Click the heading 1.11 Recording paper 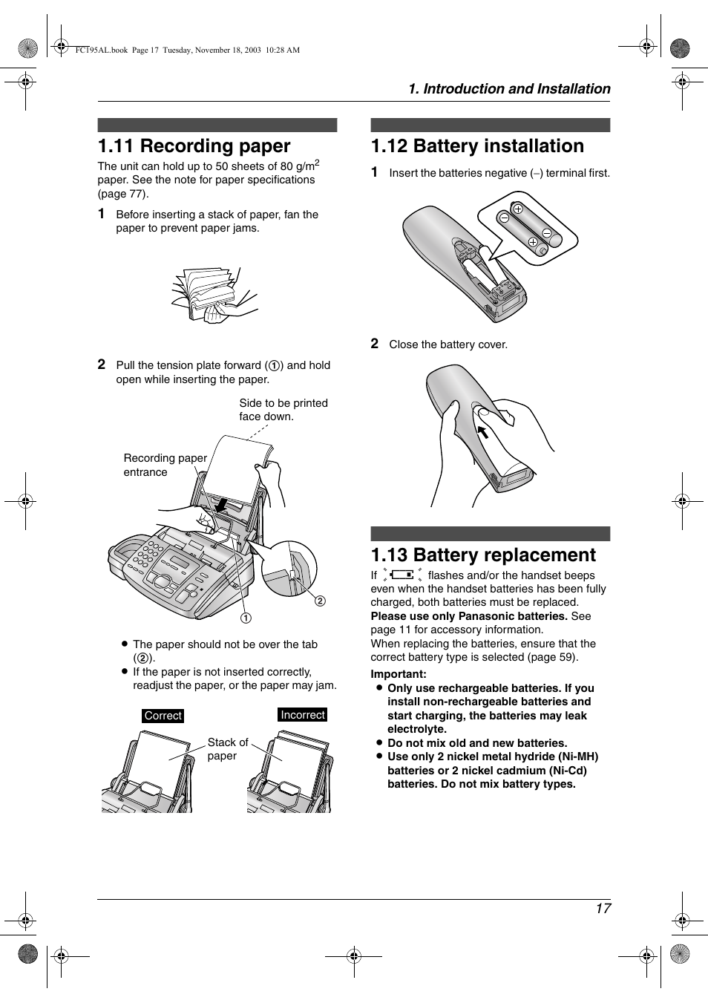click(x=194, y=146)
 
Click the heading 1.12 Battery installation click(x=477, y=146)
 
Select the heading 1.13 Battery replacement click(x=483, y=555)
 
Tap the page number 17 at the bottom click(x=603, y=909)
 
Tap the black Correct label click(x=163, y=716)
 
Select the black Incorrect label click(x=303, y=715)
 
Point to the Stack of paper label click(x=227, y=749)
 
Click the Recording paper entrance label click(x=165, y=465)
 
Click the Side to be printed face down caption click(x=283, y=410)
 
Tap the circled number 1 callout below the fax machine click(x=246, y=618)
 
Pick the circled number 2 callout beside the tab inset click(x=321, y=601)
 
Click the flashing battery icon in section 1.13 click(x=402, y=575)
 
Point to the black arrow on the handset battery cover click(x=482, y=432)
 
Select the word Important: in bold click(x=399, y=674)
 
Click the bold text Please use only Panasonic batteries click(x=469, y=616)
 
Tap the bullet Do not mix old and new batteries click(x=476, y=743)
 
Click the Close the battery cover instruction click(x=448, y=344)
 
